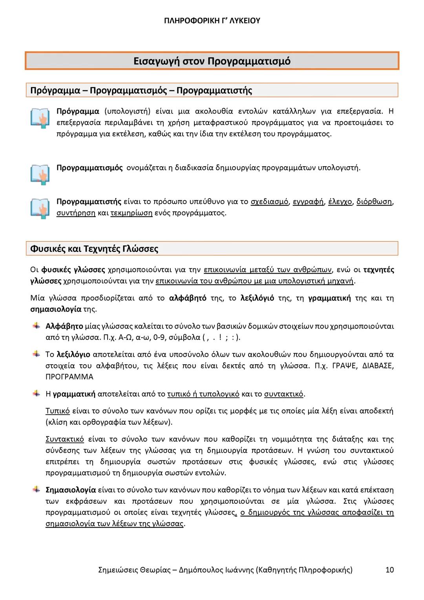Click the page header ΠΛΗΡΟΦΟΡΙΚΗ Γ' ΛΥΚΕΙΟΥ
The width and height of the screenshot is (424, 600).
click(212, 21)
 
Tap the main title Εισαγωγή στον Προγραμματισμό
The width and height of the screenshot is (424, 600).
click(212, 61)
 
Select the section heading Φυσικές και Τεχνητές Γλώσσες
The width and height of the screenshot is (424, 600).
click(94, 249)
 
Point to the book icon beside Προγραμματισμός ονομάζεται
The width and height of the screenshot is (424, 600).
click(40, 174)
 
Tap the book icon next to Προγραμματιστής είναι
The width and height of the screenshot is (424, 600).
click(40, 208)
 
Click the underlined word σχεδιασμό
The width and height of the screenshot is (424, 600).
click(270, 202)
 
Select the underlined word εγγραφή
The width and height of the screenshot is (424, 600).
click(309, 202)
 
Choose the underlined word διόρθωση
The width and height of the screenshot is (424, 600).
click(374, 202)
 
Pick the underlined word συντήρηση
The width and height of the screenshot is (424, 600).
click(76, 213)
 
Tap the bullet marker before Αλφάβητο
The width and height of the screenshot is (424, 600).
click(36, 326)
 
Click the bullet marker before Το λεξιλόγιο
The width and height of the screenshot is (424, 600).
click(36, 354)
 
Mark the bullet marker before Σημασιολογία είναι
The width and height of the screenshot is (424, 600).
click(36, 490)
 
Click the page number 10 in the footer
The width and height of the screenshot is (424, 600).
click(389, 570)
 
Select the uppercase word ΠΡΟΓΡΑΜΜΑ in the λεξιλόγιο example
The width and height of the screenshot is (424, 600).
click(69, 377)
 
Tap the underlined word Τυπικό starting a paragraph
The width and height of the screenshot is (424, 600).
click(58, 411)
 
